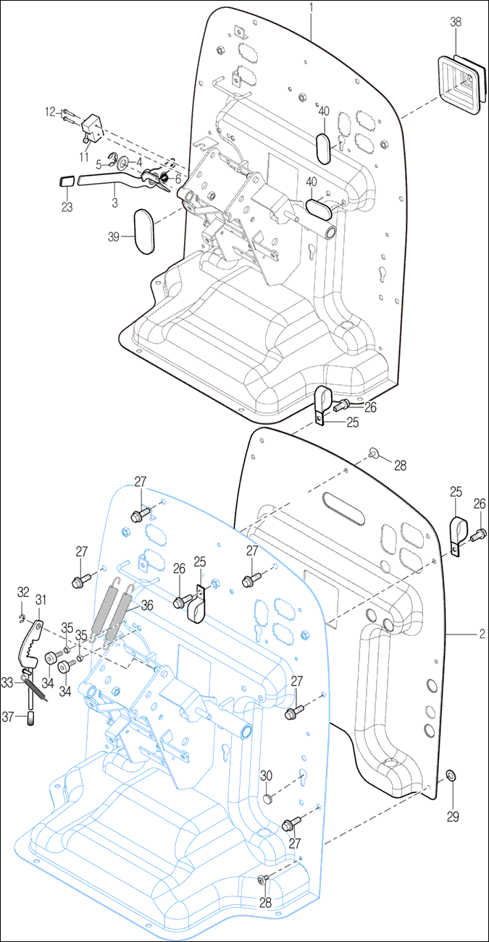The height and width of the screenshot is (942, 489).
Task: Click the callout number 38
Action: pos(455,22)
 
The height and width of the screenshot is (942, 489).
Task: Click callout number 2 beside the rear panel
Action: pos(480,635)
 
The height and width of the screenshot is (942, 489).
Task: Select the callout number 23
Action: pos(67,205)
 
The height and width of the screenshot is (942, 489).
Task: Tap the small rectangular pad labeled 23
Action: pos(66,179)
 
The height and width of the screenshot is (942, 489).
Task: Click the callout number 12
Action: pos(50,111)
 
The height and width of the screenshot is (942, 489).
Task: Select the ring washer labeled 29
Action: pos(451,776)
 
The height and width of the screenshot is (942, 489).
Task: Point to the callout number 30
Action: pos(266,775)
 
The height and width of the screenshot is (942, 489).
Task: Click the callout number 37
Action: pos(7,716)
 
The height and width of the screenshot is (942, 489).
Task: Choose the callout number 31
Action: pos(41,599)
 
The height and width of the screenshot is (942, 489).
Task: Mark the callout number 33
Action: pos(7,682)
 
